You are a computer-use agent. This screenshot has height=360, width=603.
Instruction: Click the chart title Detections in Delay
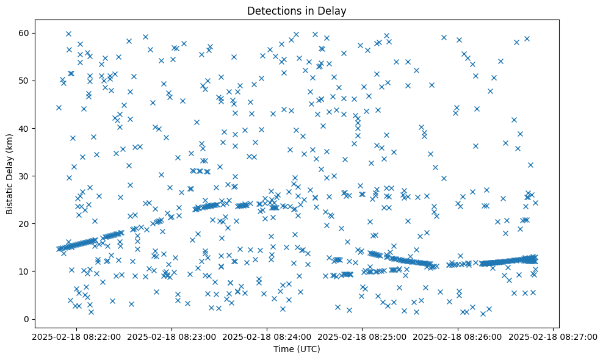296,10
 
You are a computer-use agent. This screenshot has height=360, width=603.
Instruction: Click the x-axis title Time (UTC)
296,350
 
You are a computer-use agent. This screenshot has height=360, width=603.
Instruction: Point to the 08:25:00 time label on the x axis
361,337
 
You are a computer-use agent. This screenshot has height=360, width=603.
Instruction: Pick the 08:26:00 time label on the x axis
457,337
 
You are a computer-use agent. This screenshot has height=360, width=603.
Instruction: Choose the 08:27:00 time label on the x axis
553,337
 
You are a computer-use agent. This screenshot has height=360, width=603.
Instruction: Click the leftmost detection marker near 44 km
59,107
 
